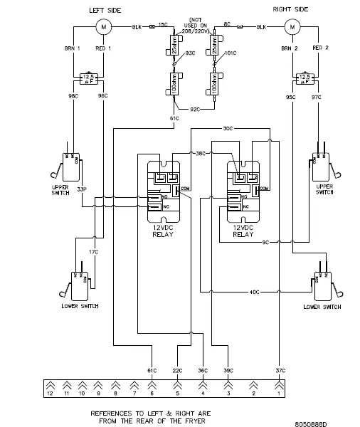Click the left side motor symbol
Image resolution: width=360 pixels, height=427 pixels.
pos(104,27)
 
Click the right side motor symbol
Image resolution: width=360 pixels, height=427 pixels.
pos(291,27)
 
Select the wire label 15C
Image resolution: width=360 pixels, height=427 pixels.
pos(163,26)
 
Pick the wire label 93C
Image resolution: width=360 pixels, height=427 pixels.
pos(190,53)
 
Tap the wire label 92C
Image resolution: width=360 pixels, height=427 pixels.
pos(196,110)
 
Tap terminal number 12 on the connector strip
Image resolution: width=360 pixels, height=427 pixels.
pos(50,393)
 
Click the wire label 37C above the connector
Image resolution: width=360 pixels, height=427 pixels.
pos(280,371)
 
